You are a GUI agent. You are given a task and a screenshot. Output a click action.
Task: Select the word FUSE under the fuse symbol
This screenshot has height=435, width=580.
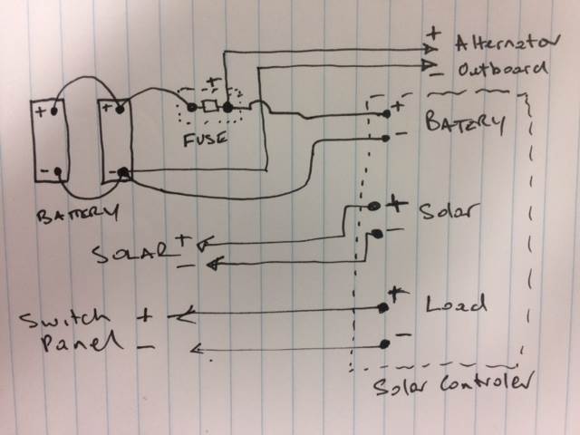[x=205, y=140]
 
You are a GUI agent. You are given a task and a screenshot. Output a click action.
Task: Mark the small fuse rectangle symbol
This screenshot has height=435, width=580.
[x=209, y=108]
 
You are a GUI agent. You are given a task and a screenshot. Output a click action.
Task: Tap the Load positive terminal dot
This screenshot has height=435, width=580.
[x=383, y=308]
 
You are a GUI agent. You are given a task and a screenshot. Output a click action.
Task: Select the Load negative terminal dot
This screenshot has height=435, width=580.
[x=385, y=343]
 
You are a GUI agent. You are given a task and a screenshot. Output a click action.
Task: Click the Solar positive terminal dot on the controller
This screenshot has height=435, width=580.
[x=373, y=207]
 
